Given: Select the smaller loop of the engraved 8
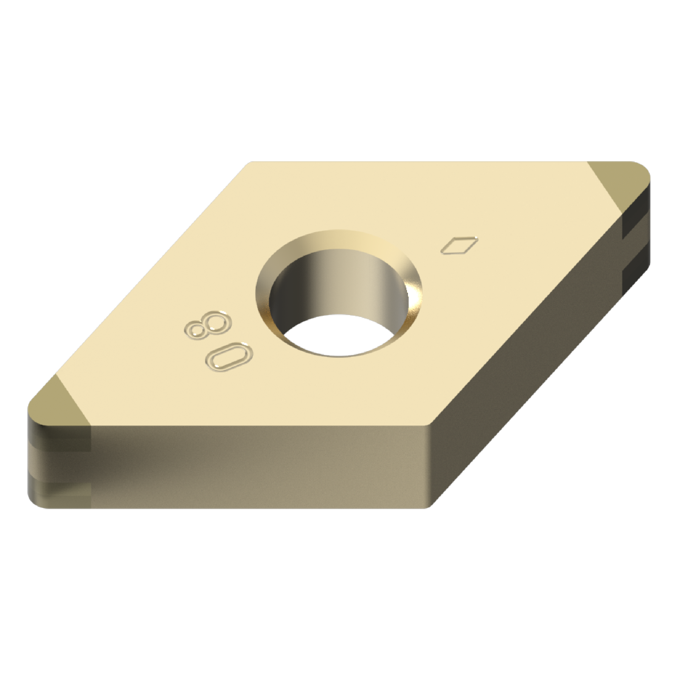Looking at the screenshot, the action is tap(198, 331).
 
